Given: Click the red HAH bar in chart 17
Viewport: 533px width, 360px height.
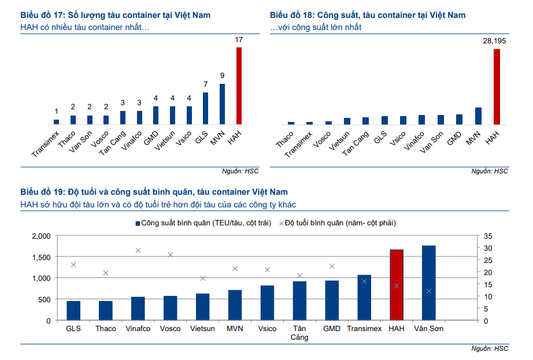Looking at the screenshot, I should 239,86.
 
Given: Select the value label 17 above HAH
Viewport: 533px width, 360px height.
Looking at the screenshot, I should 239,40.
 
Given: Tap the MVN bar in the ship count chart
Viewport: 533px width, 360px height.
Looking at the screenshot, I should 222,104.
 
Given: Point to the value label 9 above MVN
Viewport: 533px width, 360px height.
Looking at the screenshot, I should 222,76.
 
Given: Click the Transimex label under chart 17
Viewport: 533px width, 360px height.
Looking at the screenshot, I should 45,144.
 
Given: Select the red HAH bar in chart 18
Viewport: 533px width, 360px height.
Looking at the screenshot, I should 496,87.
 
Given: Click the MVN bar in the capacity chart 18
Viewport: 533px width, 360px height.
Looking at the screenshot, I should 478,116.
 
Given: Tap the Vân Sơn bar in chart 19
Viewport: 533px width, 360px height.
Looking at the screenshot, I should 428,283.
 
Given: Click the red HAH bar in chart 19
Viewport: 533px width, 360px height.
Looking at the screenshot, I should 396,285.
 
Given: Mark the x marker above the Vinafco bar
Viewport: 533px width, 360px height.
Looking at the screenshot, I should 138,251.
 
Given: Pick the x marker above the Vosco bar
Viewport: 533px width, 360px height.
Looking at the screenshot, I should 171,255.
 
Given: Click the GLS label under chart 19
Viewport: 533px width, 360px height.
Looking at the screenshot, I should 73,329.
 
